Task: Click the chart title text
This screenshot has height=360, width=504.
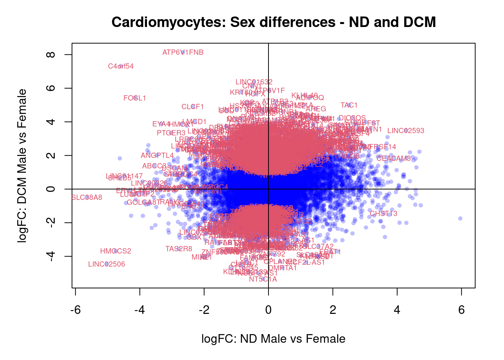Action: tap(273, 22)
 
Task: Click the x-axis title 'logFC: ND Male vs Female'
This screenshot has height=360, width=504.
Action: tap(273, 339)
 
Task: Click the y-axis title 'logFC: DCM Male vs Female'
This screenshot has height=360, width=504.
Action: tap(22, 166)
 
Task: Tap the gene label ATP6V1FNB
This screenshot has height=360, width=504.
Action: tap(183, 52)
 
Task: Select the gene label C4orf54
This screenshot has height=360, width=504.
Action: tap(121, 66)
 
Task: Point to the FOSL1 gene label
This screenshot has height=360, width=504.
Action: tap(135, 98)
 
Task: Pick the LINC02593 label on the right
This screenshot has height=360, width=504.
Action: tap(406, 131)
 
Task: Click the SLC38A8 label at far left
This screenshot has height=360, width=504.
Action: tap(87, 198)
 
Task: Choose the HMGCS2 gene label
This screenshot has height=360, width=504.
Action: tap(115, 251)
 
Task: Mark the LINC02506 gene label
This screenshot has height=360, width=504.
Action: tap(106, 264)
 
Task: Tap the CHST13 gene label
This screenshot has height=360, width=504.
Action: tap(383, 214)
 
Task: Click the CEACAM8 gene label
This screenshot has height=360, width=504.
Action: tap(393, 159)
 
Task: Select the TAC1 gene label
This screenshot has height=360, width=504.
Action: tap(349, 105)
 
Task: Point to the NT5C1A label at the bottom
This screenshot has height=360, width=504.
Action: tap(263, 279)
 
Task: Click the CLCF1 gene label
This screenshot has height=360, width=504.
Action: tap(192, 107)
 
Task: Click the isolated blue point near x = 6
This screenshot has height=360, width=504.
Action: tap(460, 218)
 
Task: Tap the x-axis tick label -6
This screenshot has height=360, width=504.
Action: tap(75, 310)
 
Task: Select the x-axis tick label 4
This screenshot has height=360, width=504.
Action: tap(397, 310)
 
